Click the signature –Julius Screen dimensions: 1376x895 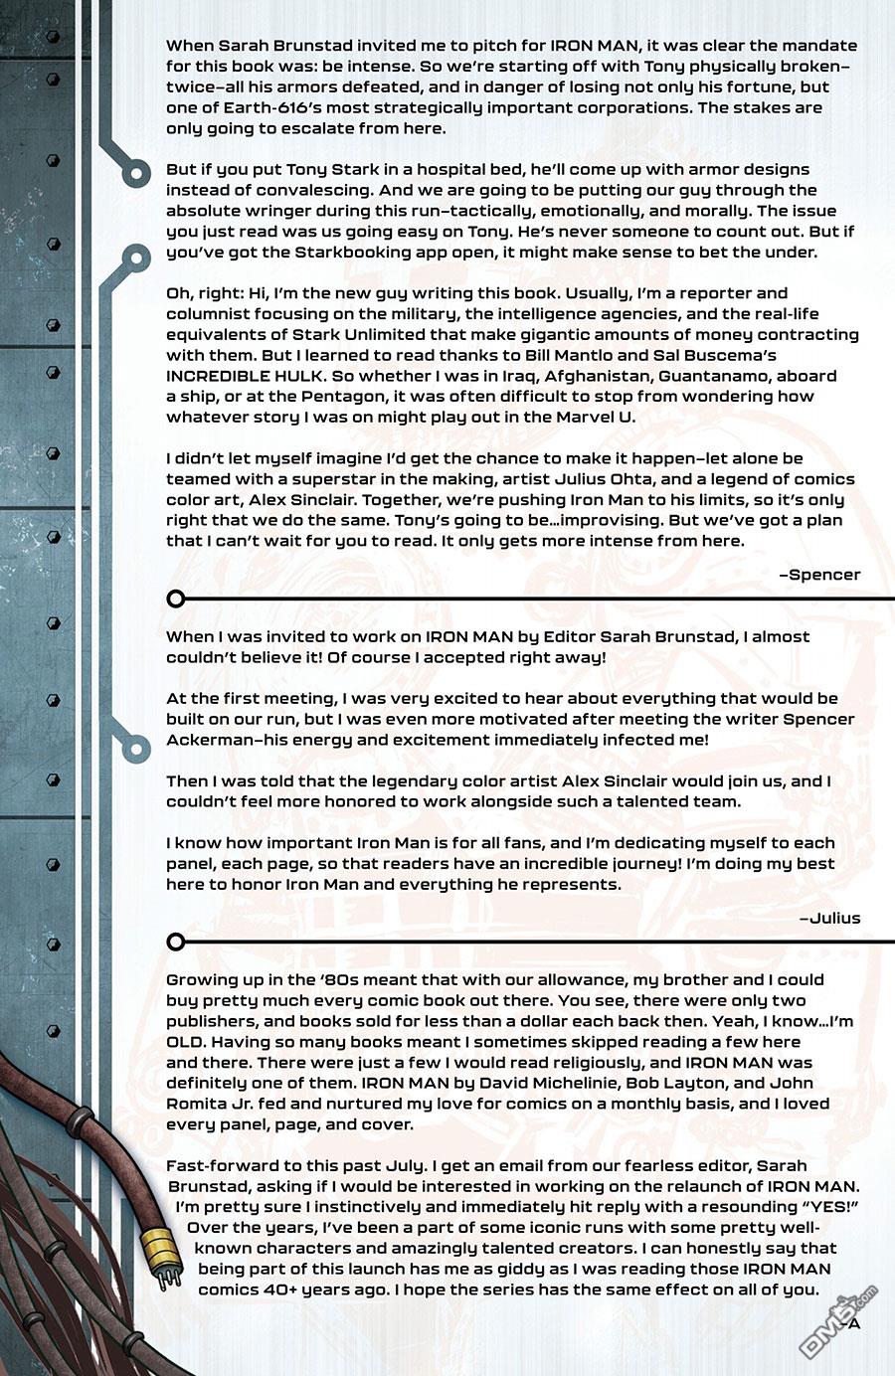[x=829, y=918]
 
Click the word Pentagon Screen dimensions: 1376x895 [x=311, y=397]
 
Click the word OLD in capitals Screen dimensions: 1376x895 [x=184, y=1042]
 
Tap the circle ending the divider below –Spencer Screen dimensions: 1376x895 [x=176, y=599]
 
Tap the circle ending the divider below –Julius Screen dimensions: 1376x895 [x=176, y=942]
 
